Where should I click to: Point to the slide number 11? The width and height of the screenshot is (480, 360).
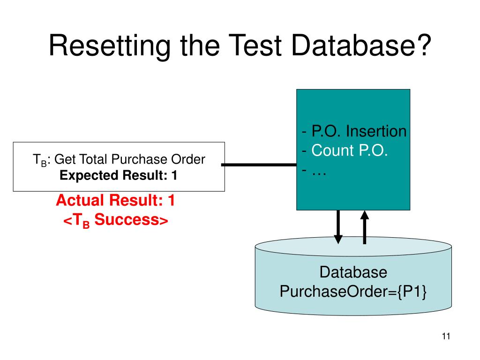click(x=445, y=336)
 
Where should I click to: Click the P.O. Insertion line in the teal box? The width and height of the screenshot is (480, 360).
click(x=354, y=131)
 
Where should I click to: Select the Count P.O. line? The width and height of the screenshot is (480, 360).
click(x=345, y=150)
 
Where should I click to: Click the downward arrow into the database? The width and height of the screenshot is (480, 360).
click(x=337, y=227)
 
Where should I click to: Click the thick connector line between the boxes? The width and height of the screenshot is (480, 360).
click(x=260, y=165)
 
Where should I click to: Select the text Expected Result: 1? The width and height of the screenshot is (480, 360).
click(x=119, y=176)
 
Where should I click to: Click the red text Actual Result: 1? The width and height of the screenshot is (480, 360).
click(x=115, y=201)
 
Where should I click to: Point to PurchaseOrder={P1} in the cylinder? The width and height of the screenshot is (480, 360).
click(x=353, y=292)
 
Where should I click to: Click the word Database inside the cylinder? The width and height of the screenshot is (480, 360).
click(x=353, y=272)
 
